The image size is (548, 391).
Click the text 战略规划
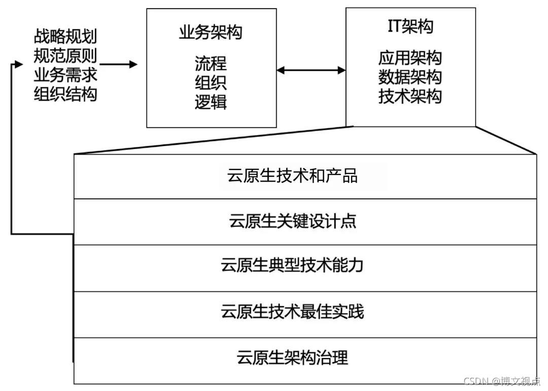tap(65, 36)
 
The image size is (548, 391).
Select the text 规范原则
tap(65, 55)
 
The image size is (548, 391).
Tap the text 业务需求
tap(65, 75)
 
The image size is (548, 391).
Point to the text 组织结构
tap(65, 94)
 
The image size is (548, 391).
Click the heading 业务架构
tap(211, 33)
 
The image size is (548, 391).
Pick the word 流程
tap(211, 64)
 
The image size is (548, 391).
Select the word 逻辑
tap(211, 102)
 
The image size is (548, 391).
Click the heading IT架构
tap(410, 26)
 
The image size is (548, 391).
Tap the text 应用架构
tap(410, 57)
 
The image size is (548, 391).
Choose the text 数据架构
tap(410, 77)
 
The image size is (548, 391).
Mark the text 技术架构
tap(410, 96)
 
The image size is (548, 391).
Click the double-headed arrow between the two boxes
tap(311, 70)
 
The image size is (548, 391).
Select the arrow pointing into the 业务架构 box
tap(119, 65)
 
